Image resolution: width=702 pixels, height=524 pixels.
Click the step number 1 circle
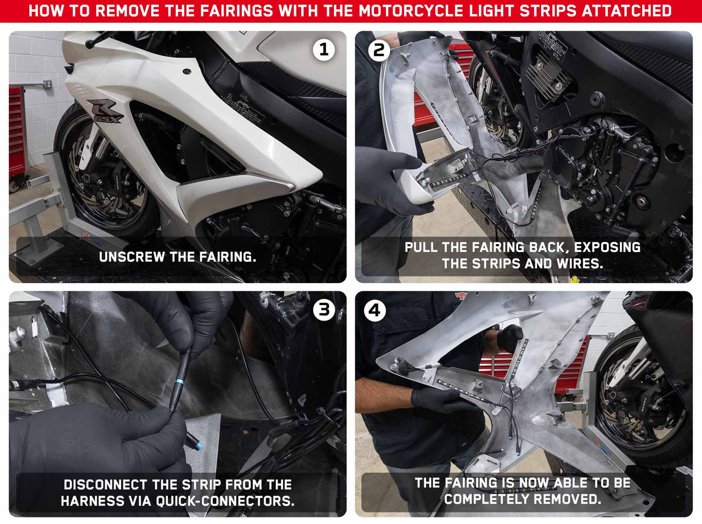(324, 50)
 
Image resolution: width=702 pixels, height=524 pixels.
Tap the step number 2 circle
(378, 50)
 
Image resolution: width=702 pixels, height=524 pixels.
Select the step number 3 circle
(324, 310)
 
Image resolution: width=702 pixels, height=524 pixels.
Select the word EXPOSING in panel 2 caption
(607, 247)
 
